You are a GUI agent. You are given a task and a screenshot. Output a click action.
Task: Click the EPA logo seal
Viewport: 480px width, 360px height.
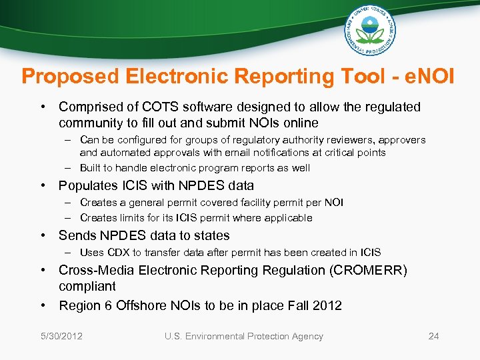point(371,31)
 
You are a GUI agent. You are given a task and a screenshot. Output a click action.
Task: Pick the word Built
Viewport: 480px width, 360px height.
point(91,168)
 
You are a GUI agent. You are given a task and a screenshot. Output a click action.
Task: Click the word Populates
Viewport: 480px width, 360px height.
point(87,186)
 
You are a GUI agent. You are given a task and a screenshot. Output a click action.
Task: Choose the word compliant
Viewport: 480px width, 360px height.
point(87,286)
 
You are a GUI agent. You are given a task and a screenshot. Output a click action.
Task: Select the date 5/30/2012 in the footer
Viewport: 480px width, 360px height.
point(61,336)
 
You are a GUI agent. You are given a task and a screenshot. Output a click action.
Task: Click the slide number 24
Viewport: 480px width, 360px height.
point(433,336)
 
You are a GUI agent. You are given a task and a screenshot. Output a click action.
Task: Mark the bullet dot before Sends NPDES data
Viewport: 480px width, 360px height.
point(42,235)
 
